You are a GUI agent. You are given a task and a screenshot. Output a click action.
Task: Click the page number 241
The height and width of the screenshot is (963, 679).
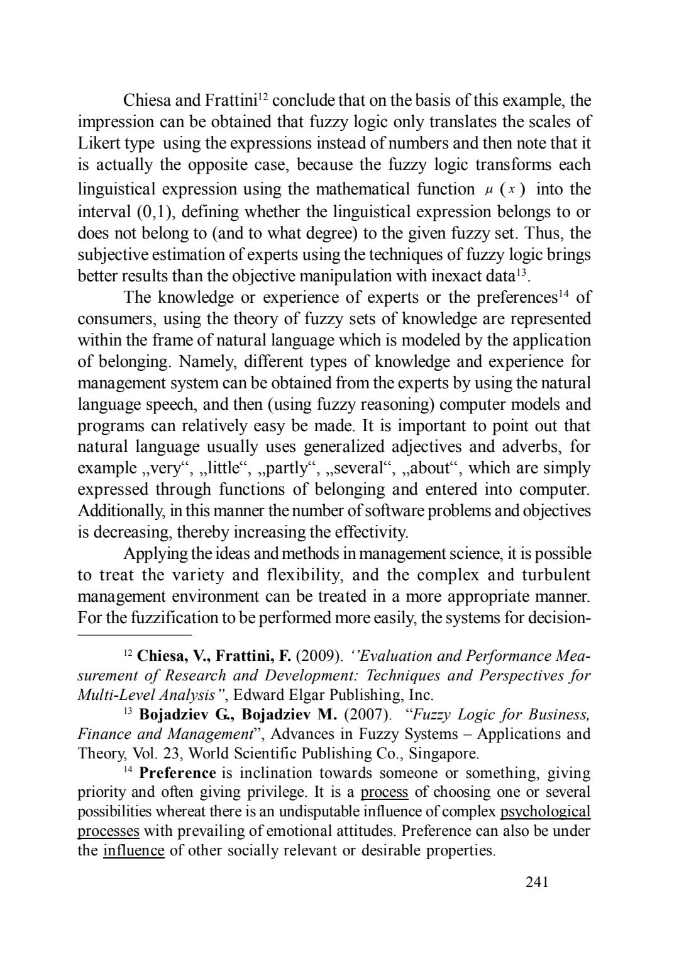[x=537, y=882]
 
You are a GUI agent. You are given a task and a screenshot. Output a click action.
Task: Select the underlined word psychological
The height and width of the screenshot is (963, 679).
[x=545, y=812]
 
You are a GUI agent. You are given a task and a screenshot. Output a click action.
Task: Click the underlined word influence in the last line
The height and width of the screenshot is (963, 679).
[x=133, y=851]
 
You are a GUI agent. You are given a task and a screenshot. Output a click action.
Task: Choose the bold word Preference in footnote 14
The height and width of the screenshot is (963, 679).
[x=177, y=773]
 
